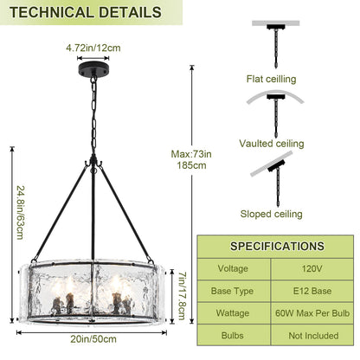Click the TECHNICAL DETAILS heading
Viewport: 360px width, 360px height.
tap(86, 12)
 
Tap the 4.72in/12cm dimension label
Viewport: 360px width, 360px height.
tap(93, 48)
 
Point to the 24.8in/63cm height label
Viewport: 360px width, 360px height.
tap(21, 213)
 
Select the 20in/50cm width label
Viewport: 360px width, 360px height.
tap(93, 339)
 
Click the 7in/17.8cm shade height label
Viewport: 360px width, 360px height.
tap(182, 296)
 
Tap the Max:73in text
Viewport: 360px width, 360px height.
tap(191, 154)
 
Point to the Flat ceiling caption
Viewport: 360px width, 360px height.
tap(271, 79)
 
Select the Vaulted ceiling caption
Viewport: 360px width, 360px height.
tap(272, 144)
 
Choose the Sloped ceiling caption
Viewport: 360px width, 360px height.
tap(271, 214)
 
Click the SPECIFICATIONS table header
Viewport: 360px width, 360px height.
tap(277, 247)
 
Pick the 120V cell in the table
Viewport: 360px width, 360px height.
tap(312, 268)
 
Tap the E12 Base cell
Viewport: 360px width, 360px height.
tap(312, 291)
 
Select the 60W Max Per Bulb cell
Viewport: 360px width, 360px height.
tap(312, 313)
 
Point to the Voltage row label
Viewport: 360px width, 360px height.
tap(233, 268)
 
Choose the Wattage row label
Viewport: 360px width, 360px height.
tap(233, 313)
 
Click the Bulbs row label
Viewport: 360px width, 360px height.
tap(232, 336)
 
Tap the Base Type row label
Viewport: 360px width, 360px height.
tap(232, 291)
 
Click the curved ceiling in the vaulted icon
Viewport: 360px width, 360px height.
tap(275, 93)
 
